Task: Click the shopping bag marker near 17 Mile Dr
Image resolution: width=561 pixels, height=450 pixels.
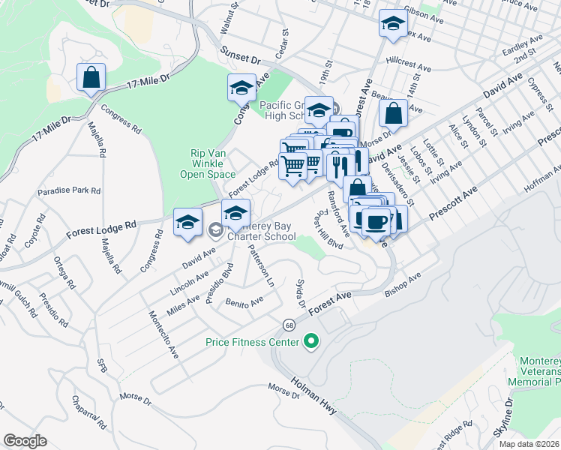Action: click(x=91, y=77)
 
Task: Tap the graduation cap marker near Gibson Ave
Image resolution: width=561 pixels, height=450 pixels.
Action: click(x=392, y=24)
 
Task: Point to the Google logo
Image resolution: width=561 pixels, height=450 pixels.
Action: click(x=25, y=441)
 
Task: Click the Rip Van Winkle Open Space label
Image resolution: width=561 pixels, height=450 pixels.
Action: click(x=208, y=163)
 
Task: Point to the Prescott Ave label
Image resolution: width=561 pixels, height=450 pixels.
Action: click(x=452, y=205)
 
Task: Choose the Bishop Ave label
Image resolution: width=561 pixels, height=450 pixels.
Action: click(x=403, y=287)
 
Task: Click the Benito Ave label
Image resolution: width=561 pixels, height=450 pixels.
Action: click(x=244, y=302)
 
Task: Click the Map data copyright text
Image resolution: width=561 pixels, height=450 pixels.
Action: click(x=529, y=443)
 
